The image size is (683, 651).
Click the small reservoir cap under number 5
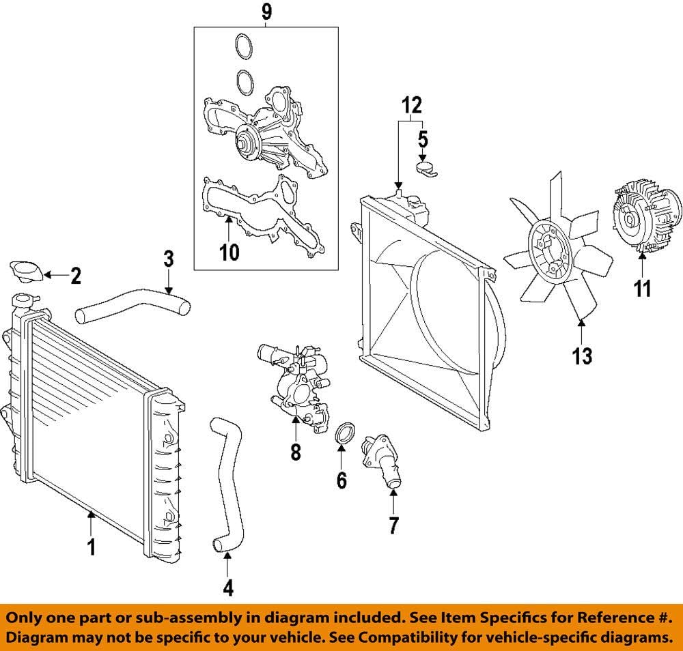click(x=426, y=168)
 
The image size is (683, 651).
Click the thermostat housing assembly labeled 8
click(x=294, y=382)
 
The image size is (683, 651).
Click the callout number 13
click(x=582, y=356)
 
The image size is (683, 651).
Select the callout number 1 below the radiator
click(x=91, y=547)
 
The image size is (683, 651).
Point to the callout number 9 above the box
click(x=266, y=12)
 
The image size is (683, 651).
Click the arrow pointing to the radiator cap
click(x=58, y=276)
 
